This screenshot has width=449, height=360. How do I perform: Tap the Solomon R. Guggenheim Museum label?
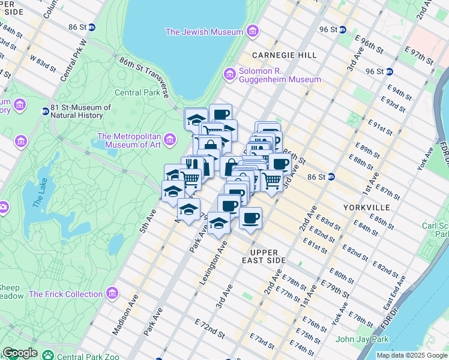point(280,75)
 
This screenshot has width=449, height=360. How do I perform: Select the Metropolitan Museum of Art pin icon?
point(170,140)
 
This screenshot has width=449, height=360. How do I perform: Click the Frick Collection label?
point(66,294)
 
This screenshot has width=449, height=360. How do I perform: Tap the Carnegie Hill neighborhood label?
point(285,55)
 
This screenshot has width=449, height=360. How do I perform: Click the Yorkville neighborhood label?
point(367,207)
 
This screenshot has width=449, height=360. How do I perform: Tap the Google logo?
point(20,353)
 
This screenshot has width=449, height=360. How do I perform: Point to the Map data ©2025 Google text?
point(412,355)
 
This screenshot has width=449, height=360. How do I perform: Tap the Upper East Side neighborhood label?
point(268,257)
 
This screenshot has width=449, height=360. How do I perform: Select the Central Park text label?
point(137,92)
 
